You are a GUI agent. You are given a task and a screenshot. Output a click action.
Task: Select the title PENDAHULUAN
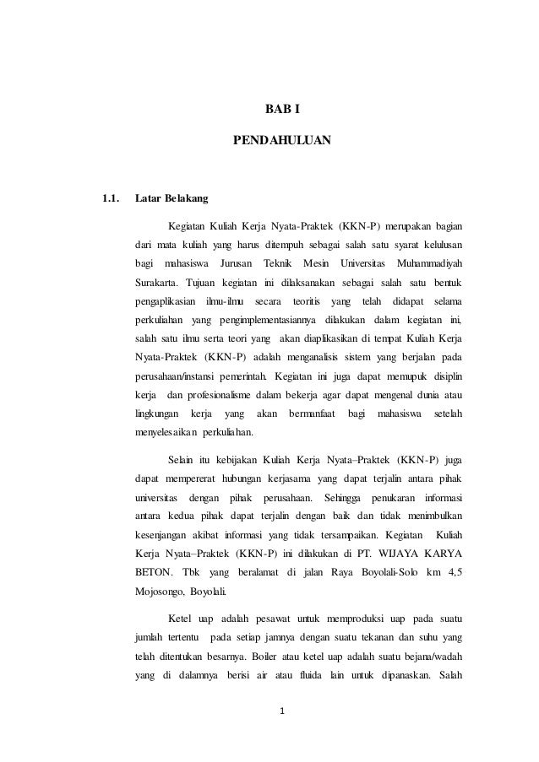[282, 138]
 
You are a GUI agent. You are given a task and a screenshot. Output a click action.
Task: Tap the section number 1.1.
[110, 200]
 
